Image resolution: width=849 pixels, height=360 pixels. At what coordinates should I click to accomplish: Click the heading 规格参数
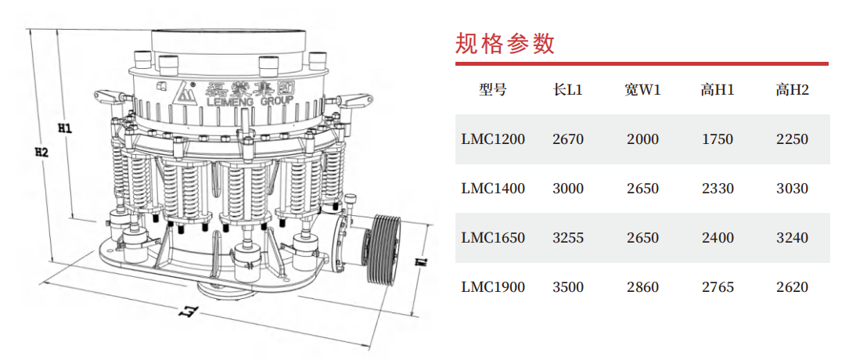point(505,43)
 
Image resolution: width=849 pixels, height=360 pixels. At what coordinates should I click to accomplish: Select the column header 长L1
point(567,90)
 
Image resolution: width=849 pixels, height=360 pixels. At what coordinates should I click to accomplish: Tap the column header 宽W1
point(642,90)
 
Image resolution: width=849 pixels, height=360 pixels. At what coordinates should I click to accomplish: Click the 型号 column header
point(493,90)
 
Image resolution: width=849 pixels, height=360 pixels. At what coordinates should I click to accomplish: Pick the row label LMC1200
point(493,139)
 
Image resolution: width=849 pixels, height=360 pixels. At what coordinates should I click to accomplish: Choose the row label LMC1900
point(493,287)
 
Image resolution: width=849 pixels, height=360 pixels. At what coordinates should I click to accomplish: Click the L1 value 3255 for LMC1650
point(568,238)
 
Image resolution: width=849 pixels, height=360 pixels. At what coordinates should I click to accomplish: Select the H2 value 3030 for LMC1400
point(792,189)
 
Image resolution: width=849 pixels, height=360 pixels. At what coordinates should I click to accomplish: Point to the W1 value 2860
point(642,287)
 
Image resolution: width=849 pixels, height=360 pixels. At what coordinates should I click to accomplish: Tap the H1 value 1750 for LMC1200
point(717,139)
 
